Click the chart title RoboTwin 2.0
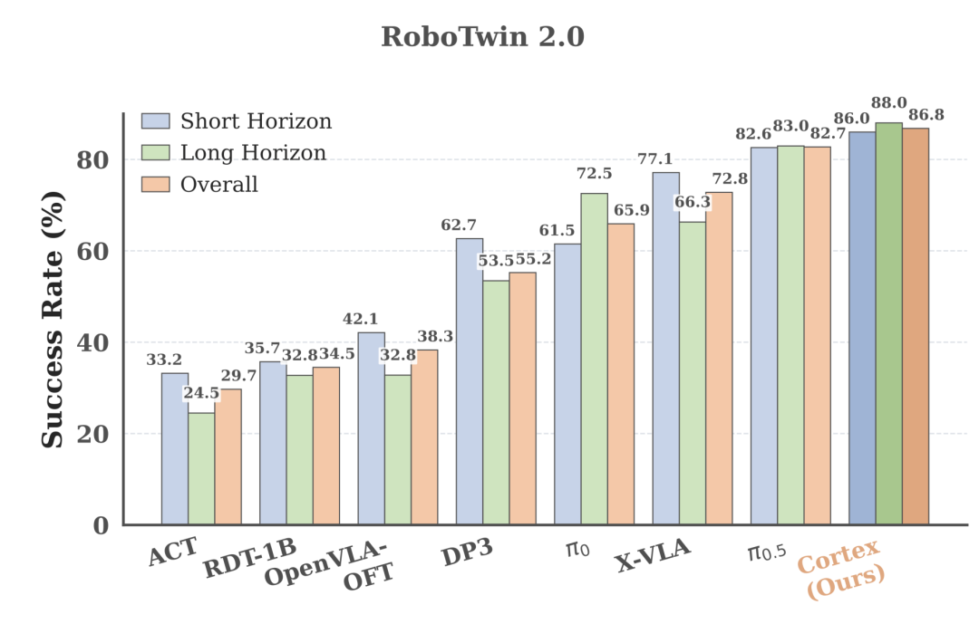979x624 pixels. (x=482, y=36)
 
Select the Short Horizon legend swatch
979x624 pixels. (x=156, y=121)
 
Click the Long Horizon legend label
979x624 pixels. (x=253, y=153)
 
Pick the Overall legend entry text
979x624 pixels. (x=218, y=184)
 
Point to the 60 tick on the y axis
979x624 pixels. (x=92, y=251)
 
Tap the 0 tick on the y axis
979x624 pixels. (x=102, y=525)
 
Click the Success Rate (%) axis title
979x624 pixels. (x=53, y=320)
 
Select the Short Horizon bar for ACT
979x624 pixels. (x=175, y=448)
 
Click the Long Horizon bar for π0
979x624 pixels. (x=594, y=359)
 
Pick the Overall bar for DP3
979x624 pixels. (x=523, y=398)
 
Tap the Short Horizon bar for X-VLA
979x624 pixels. (x=665, y=348)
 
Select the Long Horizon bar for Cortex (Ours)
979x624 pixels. (x=888, y=323)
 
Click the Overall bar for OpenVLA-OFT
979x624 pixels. (x=424, y=437)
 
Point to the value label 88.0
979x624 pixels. (x=889, y=103)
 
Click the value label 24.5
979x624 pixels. (x=201, y=393)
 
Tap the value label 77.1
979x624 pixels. (x=655, y=159)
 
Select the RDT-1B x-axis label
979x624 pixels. (x=250, y=558)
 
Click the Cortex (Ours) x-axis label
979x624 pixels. (x=840, y=569)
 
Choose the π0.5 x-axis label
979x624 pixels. (x=767, y=551)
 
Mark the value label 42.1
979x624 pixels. (x=360, y=319)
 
